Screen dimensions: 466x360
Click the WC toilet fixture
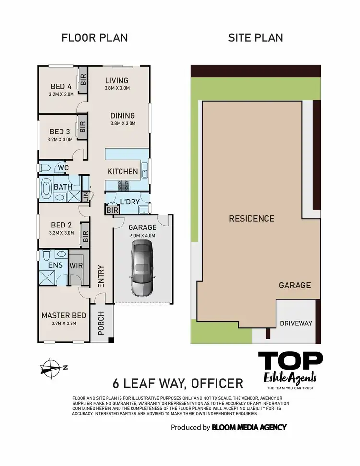click(45, 168)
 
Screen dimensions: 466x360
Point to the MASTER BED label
click(64, 315)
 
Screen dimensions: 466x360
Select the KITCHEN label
click(122, 172)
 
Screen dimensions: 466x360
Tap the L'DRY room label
click(130, 203)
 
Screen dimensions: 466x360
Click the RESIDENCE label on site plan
click(252, 219)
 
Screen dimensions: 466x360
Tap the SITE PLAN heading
click(255, 38)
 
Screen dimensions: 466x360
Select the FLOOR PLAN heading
click(95, 38)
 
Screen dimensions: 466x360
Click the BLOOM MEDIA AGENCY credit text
click(249, 427)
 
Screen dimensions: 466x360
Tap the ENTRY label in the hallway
click(101, 276)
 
